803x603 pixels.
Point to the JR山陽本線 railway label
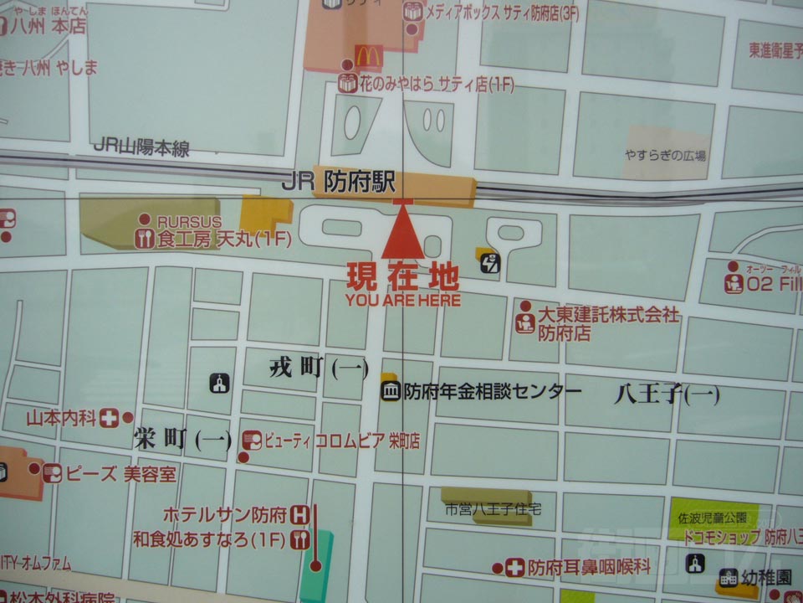[x=141, y=147]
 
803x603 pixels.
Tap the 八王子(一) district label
[x=666, y=394]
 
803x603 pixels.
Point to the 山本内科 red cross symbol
[x=109, y=418]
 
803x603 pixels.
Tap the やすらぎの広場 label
[x=665, y=155]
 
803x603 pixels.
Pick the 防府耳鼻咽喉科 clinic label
[x=589, y=567]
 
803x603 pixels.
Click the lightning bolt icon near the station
[x=492, y=265]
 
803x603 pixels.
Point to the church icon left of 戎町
[x=219, y=384]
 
